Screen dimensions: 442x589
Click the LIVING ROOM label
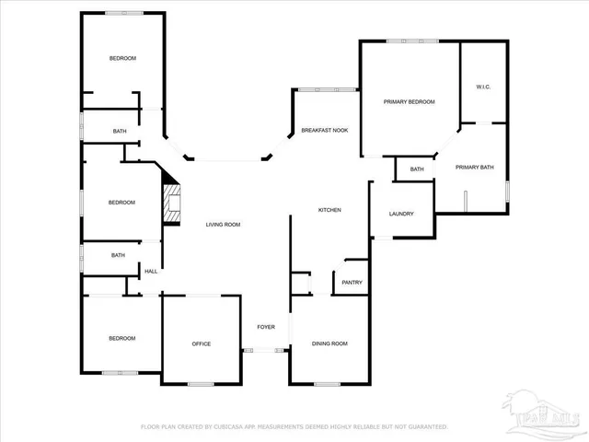(223, 225)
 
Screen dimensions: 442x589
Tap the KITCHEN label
(329, 210)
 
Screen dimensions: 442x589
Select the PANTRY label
(352, 283)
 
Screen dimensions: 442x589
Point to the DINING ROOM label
(329, 343)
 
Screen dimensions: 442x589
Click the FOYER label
(265, 327)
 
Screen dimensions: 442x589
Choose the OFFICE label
(201, 343)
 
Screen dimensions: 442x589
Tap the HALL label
(151, 272)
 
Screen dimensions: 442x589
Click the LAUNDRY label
(401, 214)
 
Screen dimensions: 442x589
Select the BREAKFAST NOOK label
(324, 131)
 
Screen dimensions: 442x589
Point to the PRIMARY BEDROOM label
(409, 101)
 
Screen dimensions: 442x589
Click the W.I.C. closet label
(483, 87)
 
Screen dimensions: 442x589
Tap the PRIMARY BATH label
(475, 167)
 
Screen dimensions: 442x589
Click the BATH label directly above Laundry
(417, 169)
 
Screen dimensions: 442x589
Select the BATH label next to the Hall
(118, 255)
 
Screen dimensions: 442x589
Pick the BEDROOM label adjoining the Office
(122, 338)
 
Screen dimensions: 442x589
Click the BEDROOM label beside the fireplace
(122, 203)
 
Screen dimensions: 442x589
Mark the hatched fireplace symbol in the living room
(171, 203)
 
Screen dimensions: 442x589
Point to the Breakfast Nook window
(326, 89)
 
